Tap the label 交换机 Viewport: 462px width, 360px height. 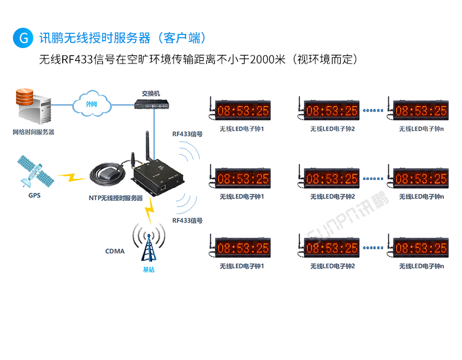coord(151,93)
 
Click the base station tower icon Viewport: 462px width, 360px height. coord(148,244)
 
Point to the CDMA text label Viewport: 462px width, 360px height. coord(115,251)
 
